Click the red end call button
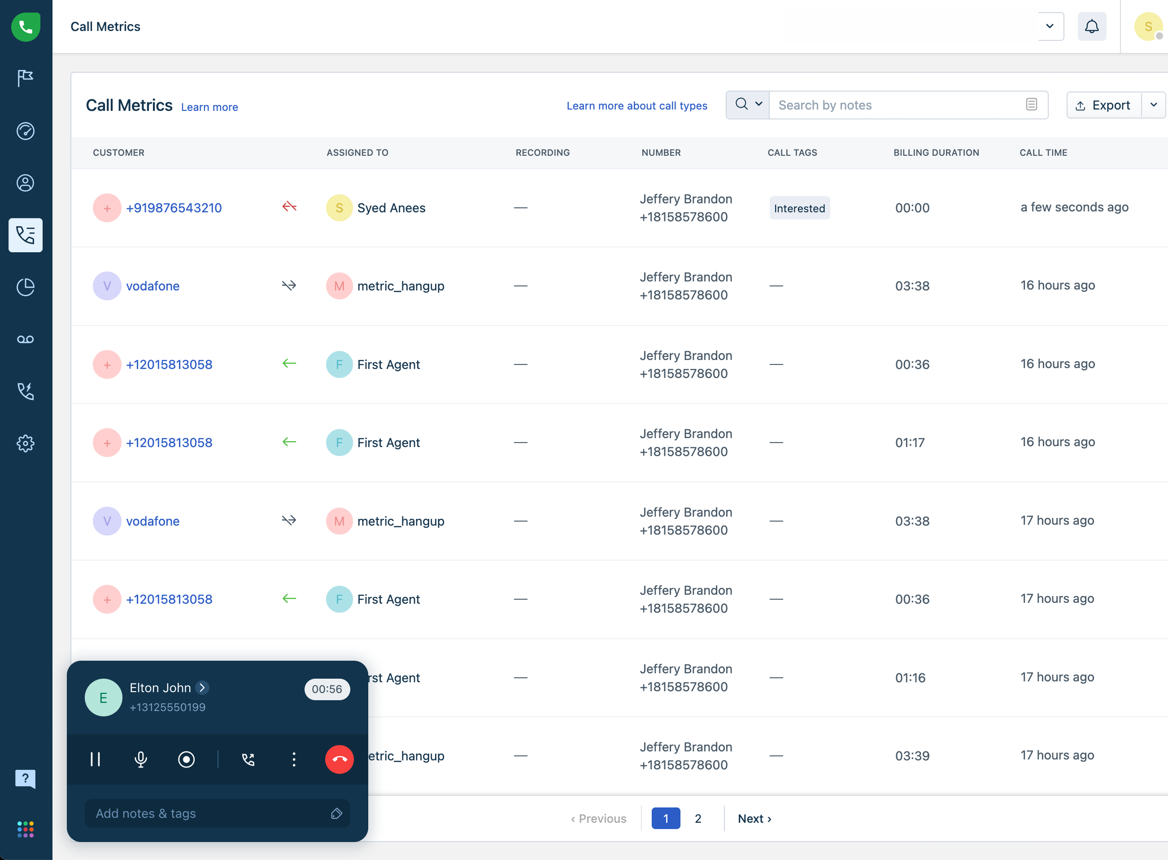[339, 759]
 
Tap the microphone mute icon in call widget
[140, 759]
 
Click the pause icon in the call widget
[95, 759]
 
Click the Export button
[1103, 105]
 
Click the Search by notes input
[900, 105]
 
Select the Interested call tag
[799, 208]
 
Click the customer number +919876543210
[174, 208]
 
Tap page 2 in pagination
[697, 818]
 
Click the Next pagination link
[754, 818]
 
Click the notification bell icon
[1091, 26]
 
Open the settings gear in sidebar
[26, 443]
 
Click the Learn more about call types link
[637, 105]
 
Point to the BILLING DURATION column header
[936, 153]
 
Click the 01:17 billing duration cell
[910, 443]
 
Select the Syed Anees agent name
[391, 208]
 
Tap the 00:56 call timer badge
[327, 689]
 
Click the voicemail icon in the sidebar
[26, 339]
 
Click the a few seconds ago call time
[1074, 207]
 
